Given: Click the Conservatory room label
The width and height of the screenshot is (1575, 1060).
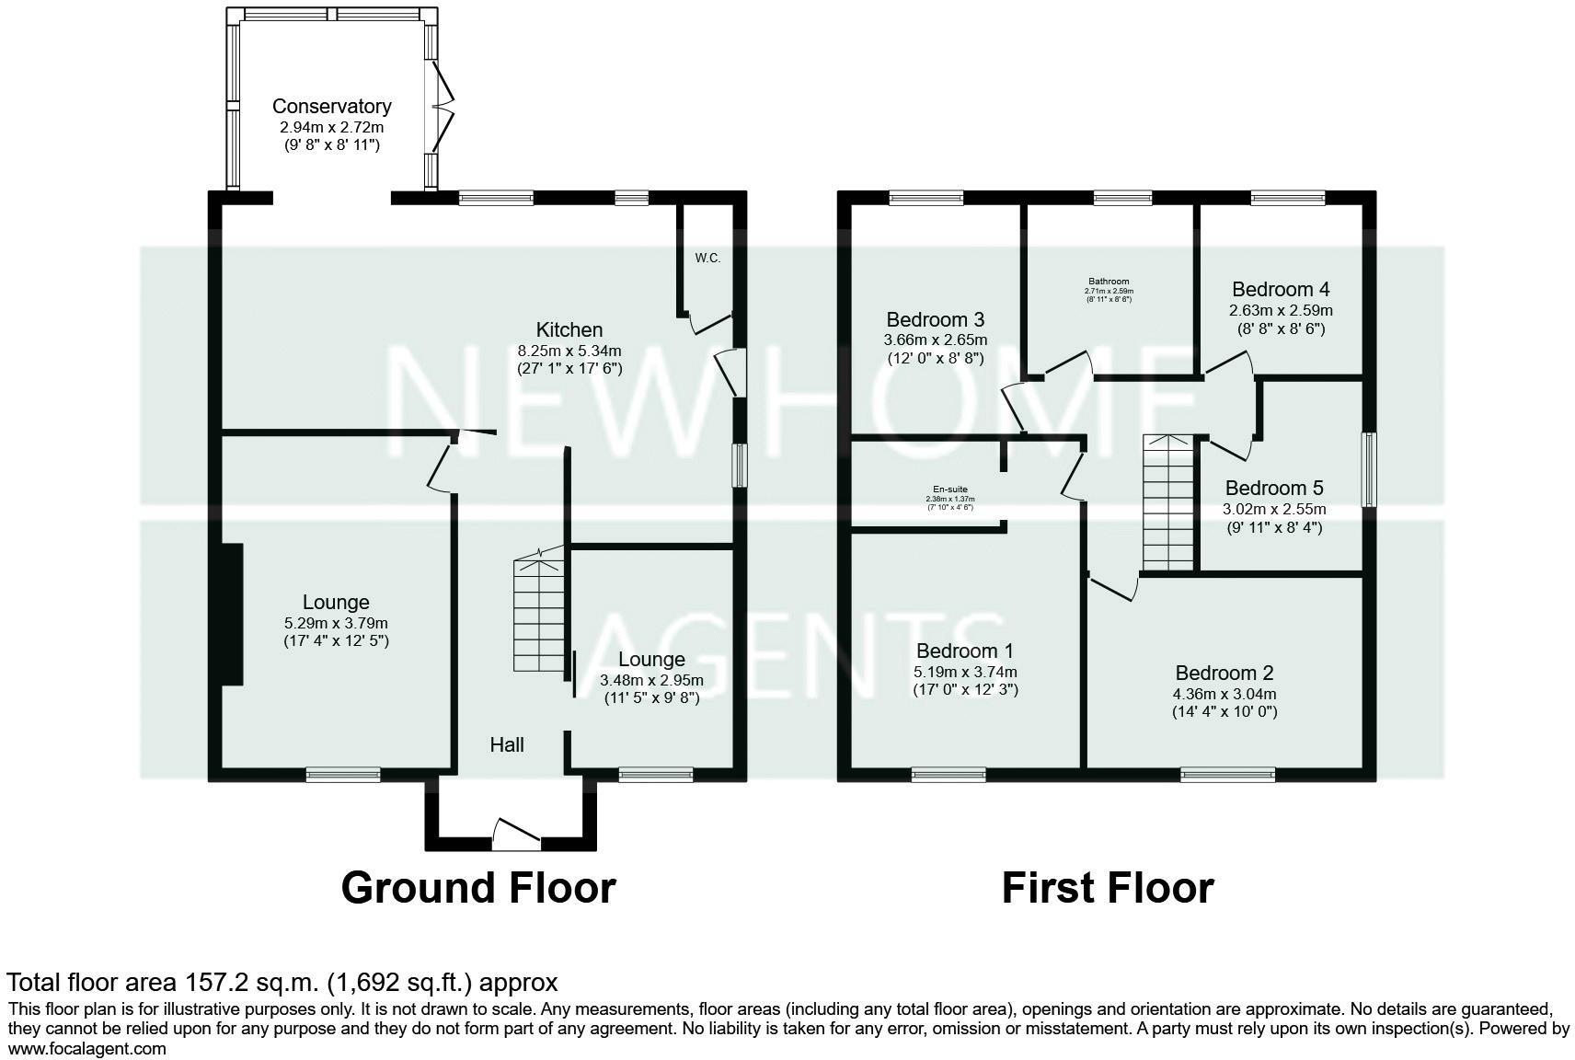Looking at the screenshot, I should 331,107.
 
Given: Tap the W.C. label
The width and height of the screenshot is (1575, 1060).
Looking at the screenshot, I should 707,259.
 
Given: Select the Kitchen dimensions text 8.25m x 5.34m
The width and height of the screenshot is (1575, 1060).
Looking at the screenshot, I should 569,351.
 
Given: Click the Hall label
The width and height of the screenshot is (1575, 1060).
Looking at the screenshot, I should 507,744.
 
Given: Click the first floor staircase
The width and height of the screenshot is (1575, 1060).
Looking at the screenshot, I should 1167,504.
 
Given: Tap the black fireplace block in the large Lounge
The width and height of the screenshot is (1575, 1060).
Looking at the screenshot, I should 230,614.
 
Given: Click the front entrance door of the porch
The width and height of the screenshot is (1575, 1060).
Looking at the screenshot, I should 515,833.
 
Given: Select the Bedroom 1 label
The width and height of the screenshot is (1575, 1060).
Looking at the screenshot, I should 964,651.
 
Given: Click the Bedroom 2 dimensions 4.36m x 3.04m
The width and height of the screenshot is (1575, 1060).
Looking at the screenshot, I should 1224,695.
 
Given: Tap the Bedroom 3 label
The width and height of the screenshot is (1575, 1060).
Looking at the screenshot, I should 935,319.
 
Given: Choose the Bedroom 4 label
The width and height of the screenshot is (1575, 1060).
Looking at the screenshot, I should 1281,290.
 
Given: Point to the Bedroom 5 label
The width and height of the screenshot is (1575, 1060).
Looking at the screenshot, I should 1273,488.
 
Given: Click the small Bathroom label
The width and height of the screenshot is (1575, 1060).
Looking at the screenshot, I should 1108,282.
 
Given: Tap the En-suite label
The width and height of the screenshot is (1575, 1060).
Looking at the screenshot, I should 949,490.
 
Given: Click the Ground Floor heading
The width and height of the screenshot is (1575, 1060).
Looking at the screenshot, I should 477,888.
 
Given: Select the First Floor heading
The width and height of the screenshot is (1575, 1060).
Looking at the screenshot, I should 1107,888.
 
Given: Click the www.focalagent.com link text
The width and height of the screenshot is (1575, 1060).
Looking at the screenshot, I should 87,1048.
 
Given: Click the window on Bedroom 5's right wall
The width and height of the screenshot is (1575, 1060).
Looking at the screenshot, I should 1369,469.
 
